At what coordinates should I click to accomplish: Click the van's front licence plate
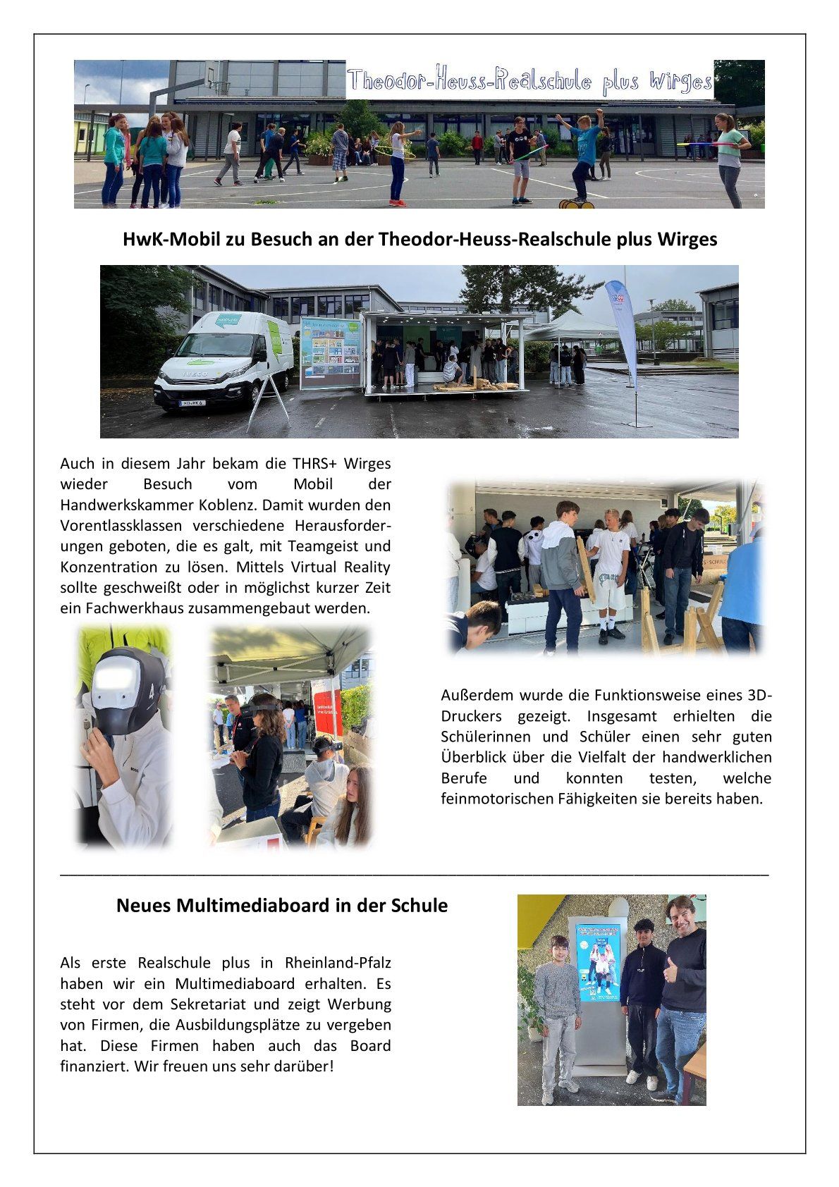pyautogui.click(x=192, y=403)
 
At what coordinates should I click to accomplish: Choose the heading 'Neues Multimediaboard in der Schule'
pyautogui.click(x=281, y=906)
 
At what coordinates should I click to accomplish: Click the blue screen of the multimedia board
pyautogui.click(x=598, y=962)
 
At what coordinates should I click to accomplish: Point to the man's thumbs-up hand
pyautogui.click(x=670, y=971)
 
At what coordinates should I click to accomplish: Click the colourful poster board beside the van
pyautogui.click(x=330, y=352)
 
